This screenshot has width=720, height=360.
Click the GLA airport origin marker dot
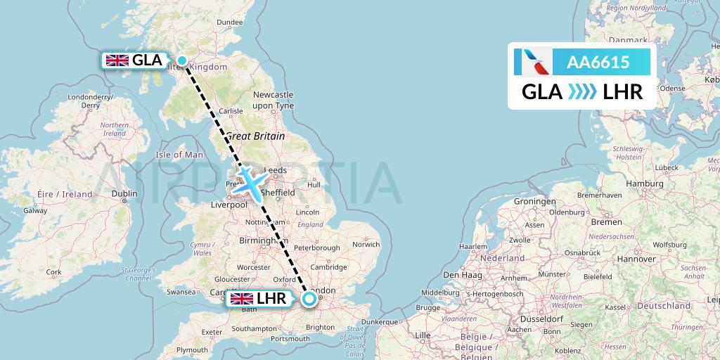tap(182, 60)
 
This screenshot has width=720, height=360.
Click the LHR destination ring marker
tap(309, 300)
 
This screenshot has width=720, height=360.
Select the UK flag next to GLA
tap(117, 60)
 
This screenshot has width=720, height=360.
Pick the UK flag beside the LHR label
tap(243, 299)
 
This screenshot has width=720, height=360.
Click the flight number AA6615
tap(598, 63)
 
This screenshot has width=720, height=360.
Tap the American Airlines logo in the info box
tap(532, 63)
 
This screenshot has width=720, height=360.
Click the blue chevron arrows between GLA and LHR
tap(582, 91)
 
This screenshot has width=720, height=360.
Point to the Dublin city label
tap(124, 193)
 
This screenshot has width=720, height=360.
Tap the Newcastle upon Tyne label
tap(273, 100)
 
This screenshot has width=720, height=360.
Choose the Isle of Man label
tap(179, 155)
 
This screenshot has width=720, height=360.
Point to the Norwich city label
tap(366, 245)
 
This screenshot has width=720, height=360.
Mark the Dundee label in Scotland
tap(229, 22)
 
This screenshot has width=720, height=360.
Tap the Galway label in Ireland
tap(34, 210)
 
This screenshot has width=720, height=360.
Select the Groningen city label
tap(534, 201)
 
